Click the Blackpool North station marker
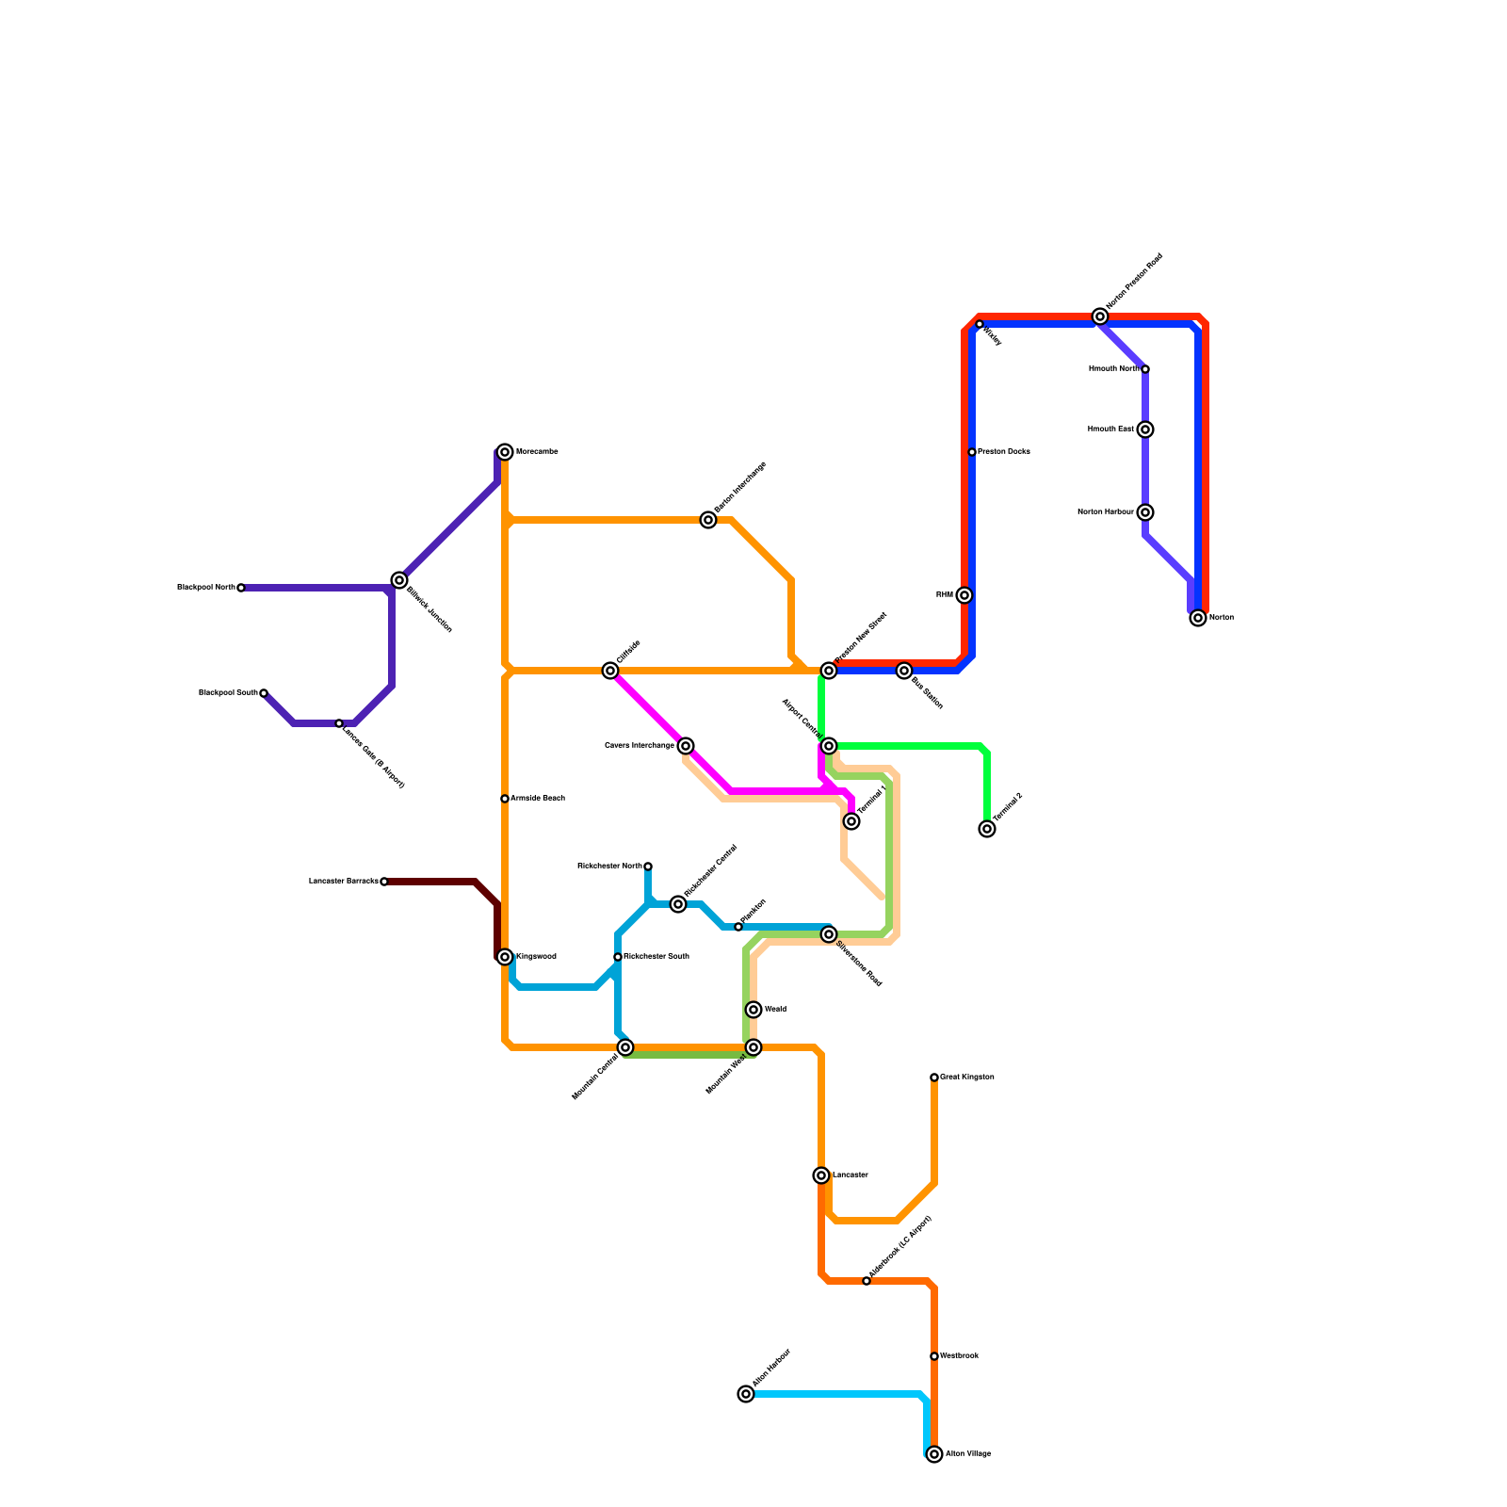point(241,588)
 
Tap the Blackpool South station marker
point(264,693)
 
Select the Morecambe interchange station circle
point(505,452)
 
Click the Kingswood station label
point(536,957)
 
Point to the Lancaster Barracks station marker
point(384,882)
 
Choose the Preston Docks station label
point(1004,452)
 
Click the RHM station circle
point(964,595)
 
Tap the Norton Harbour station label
point(1106,512)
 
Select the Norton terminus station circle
point(1197,618)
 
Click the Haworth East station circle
point(1145,429)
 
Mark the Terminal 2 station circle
point(986,829)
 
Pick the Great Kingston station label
point(967,1078)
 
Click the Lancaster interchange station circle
point(821,1175)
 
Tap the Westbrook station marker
point(934,1356)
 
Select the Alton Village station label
point(968,1454)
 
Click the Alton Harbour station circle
point(746,1394)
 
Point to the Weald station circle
point(753,1010)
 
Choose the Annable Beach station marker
point(505,799)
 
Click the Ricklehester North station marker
point(648,867)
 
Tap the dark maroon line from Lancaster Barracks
point(433,882)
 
